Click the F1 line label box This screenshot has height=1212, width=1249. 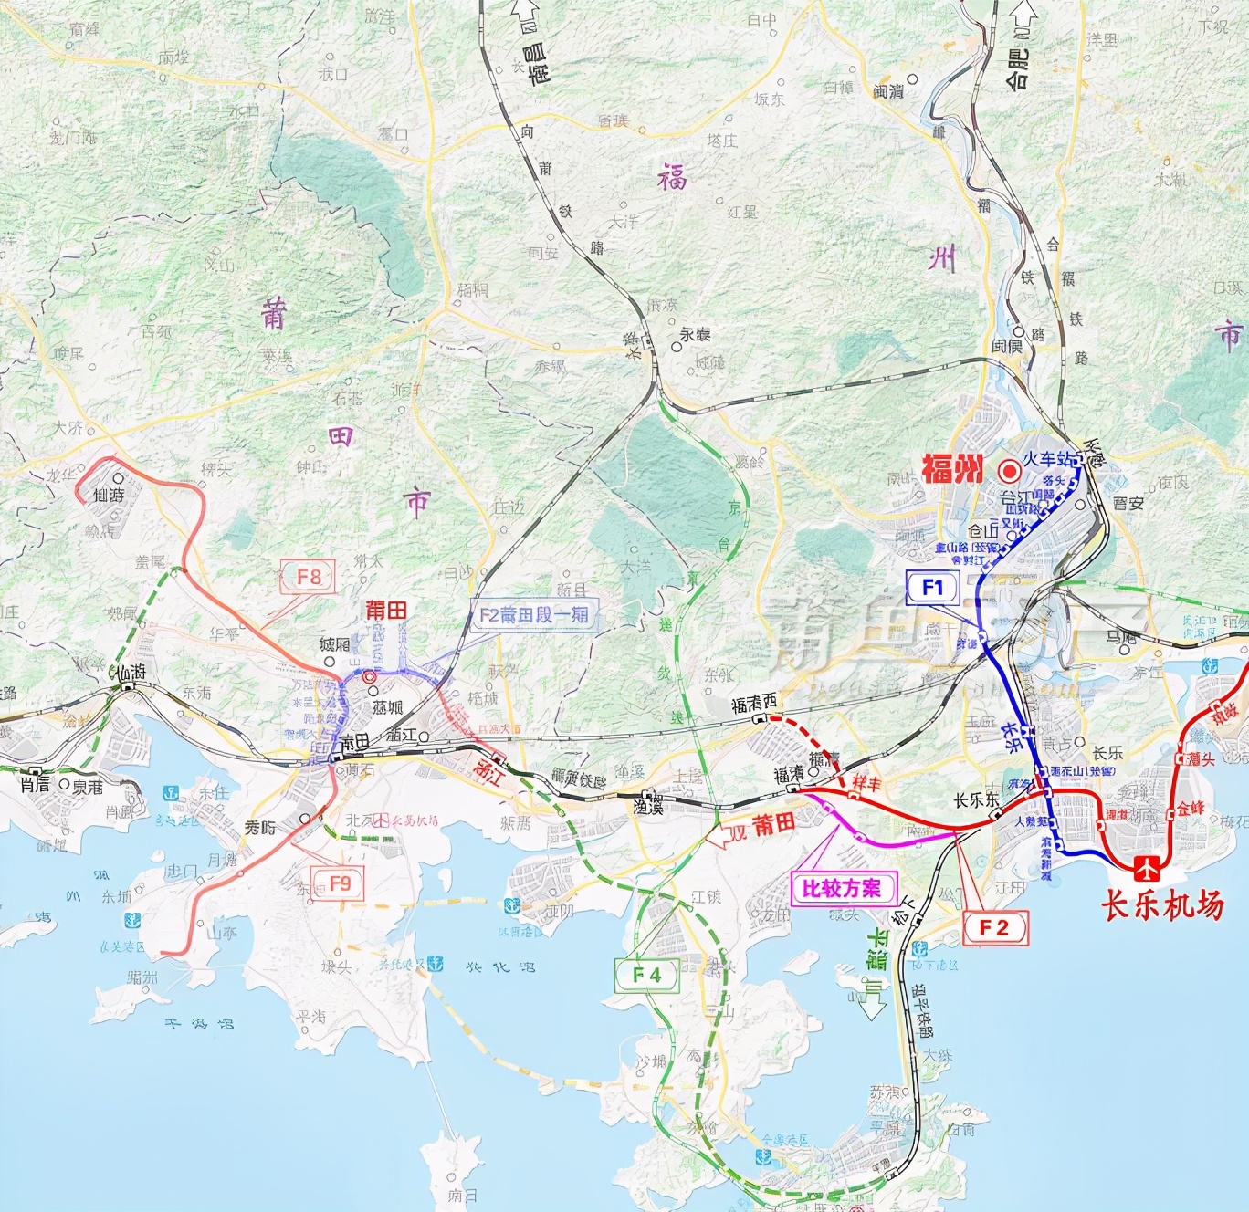tap(932, 588)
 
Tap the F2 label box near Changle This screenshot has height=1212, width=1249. tap(994, 928)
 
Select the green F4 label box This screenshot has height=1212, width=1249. tap(646, 975)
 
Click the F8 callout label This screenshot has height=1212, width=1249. tap(309, 577)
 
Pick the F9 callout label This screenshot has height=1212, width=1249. tap(339, 883)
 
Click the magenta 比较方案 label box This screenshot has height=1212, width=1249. tap(842, 888)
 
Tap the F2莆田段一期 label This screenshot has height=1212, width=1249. tap(534, 615)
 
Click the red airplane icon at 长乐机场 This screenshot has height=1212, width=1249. tap(1147, 869)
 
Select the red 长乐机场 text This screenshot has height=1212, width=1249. tap(1161, 904)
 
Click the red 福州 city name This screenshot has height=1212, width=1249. tap(952, 469)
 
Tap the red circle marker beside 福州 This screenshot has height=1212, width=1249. tap(1009, 471)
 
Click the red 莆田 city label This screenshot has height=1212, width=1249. tap(385, 611)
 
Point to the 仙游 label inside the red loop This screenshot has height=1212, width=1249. tap(109, 495)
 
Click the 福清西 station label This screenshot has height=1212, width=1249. tap(753, 704)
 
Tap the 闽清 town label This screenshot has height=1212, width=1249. tap(887, 91)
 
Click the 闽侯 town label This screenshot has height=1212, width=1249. tap(1007, 346)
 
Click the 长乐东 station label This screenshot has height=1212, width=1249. tap(975, 799)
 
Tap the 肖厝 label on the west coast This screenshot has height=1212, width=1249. tap(35, 784)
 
